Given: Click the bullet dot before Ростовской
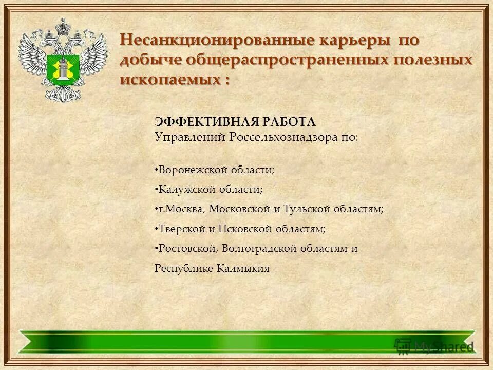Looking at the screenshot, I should (156, 249).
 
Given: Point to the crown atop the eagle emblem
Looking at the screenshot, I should (63, 25).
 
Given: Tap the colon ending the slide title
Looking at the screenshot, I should (226, 81).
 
